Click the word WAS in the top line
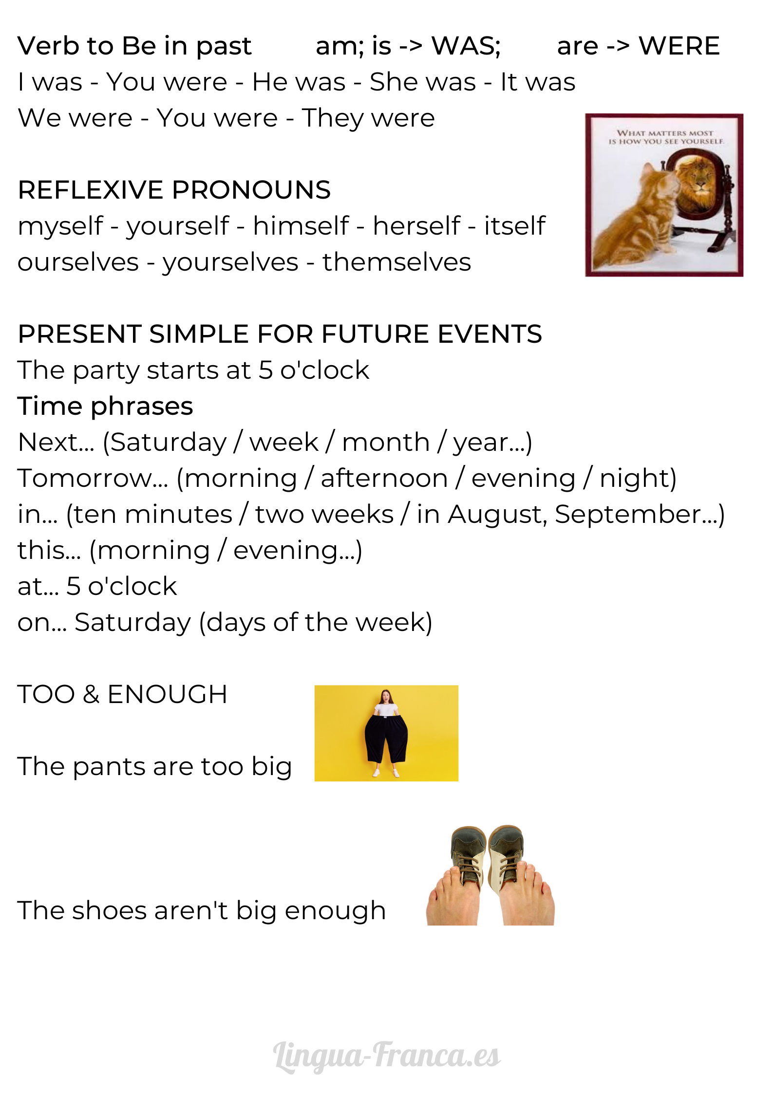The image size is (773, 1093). tap(466, 46)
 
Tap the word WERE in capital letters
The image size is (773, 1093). tap(679, 46)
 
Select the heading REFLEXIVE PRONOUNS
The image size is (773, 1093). tap(174, 190)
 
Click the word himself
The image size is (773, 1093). tap(301, 226)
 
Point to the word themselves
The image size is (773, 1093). tap(396, 262)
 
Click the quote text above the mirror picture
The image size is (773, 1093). tap(666, 137)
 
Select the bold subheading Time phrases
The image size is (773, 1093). tap(106, 406)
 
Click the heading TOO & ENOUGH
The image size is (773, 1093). tap(123, 694)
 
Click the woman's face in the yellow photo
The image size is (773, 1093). tap(386, 697)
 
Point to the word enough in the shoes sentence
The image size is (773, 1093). tap(335, 911)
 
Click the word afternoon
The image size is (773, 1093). tap(384, 478)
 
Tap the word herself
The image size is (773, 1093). tap(416, 226)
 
